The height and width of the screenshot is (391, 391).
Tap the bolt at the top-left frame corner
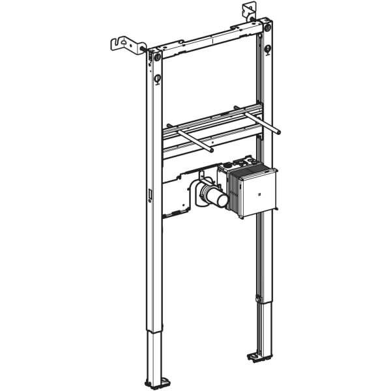click(157, 57)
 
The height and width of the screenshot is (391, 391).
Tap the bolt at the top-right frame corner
click(266, 28)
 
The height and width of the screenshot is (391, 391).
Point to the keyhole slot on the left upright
click(157, 79)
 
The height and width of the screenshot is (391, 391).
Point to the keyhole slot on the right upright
click(267, 50)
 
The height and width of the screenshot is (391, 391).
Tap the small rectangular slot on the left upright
click(150, 194)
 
